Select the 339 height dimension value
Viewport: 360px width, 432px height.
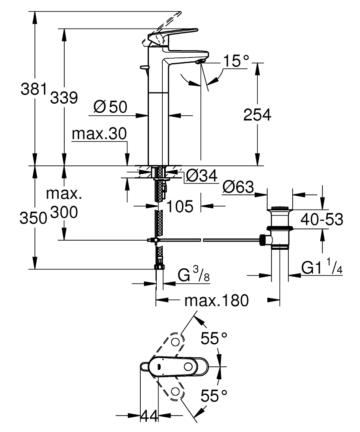(64, 98)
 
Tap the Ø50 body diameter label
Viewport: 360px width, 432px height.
(110, 107)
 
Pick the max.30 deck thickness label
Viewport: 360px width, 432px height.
(99, 134)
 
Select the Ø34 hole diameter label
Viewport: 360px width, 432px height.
(202, 175)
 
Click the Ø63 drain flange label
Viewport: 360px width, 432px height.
(238, 187)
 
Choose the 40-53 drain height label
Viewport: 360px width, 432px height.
(322, 219)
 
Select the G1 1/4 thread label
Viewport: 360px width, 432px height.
(322, 268)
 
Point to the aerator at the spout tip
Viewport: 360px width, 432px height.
(199, 63)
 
